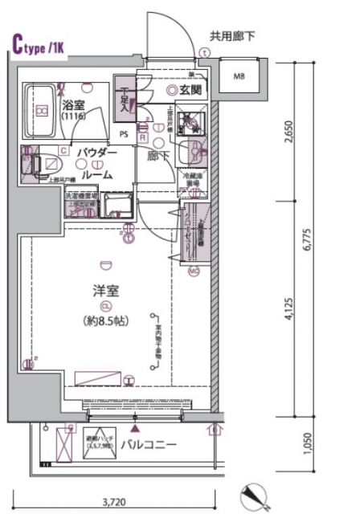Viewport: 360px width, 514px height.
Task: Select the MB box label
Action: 239,77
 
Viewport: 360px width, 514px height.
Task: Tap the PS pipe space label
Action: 125,134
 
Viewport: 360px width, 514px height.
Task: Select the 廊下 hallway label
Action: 157,157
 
